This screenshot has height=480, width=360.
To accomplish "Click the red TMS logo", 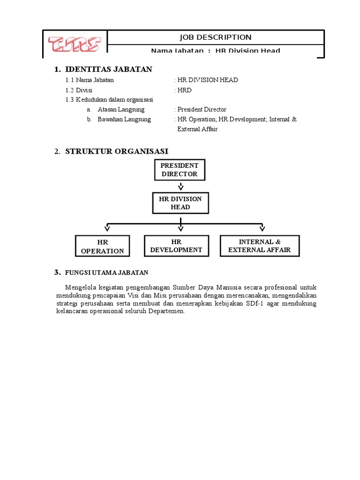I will pos(75,44).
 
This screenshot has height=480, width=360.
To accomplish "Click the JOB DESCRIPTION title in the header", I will pos(216,37).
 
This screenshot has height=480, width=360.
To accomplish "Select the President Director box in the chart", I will pos(180,170).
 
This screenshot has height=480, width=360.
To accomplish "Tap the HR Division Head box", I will pos(180,203).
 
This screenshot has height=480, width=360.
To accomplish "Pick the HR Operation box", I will pos(103,246).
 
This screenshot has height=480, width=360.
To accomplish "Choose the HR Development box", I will pos(176,246).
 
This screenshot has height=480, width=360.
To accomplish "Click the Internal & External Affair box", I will pos(260,246).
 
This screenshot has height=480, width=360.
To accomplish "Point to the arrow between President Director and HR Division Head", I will pos(180,186).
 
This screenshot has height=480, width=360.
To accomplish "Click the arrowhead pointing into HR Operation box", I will pos(107,228).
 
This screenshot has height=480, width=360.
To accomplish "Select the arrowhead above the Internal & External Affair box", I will pos(262,228).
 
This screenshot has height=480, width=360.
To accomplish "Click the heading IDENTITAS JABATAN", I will pos(108,69).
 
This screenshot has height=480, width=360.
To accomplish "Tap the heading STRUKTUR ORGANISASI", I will pos(116,151).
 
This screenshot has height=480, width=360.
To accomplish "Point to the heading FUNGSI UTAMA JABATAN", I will pos(107,272).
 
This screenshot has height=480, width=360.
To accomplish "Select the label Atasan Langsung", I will pos(121,110).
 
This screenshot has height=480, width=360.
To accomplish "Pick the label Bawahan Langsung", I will pos(124,120).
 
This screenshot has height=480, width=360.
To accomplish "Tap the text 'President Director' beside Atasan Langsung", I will pos(202,110).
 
